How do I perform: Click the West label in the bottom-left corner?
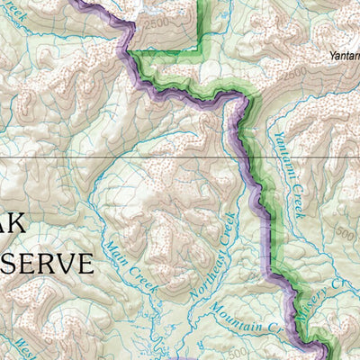20,346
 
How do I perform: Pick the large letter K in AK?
28,225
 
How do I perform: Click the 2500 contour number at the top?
157,21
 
